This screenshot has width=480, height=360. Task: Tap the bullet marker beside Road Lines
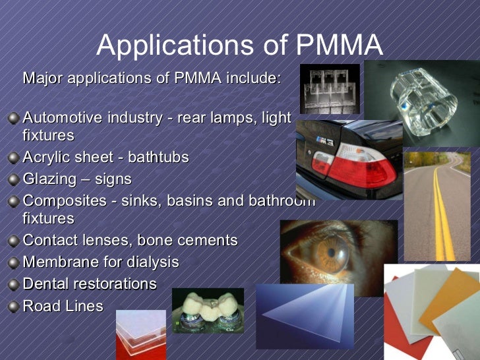click(13, 306)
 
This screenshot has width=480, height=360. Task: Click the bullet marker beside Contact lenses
click(13, 241)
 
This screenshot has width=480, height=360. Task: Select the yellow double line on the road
click(443, 211)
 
